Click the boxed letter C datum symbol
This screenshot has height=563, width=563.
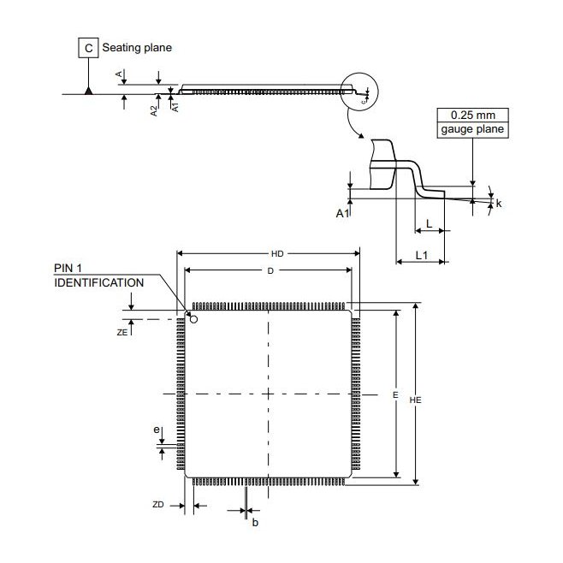89,48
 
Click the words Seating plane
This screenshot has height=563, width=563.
137,48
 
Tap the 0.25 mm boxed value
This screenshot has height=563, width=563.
472,115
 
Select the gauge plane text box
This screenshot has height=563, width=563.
472,130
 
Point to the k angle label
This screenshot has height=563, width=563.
499,204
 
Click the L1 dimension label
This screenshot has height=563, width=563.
421,256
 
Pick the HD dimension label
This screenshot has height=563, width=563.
277,253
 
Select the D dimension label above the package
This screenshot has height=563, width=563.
270,270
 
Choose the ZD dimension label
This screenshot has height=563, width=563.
157,506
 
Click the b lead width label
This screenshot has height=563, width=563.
254,522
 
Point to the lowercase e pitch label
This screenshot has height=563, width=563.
156,430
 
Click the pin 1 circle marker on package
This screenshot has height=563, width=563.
193,320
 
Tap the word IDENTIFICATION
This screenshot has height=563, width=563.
98,281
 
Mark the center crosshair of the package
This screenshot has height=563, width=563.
269,394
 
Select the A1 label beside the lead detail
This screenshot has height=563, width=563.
341,211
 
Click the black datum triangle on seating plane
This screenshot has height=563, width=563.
89,89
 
